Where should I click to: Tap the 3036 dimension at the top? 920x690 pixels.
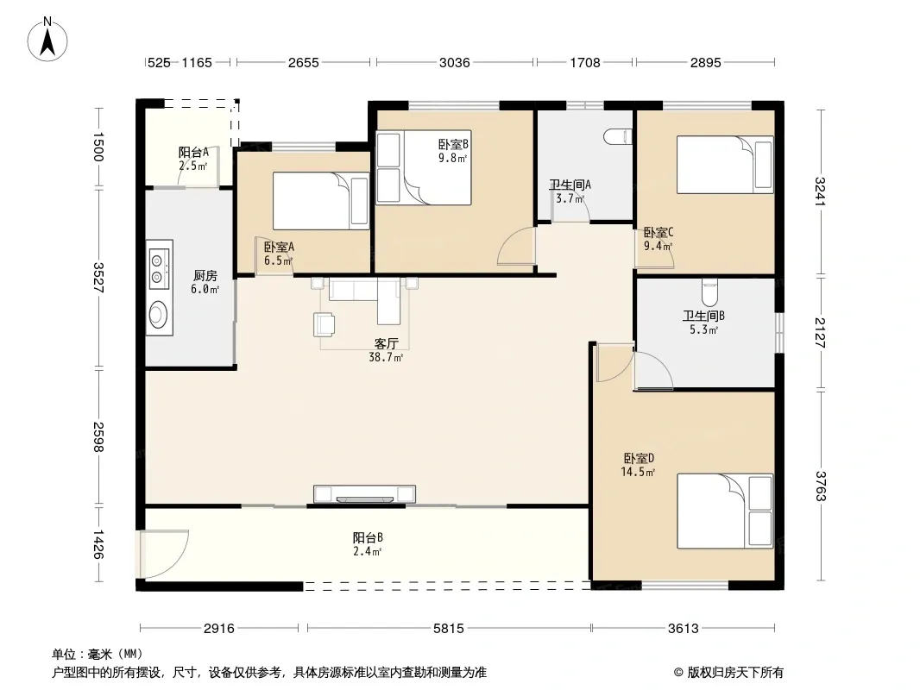[455, 62]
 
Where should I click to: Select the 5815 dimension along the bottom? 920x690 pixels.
[449, 629]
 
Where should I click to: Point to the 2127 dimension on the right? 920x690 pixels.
[820, 332]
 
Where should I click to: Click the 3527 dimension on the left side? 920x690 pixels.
[98, 277]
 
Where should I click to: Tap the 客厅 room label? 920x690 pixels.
[386, 343]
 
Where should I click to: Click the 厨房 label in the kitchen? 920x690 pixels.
[205, 275]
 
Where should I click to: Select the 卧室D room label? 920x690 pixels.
[639, 458]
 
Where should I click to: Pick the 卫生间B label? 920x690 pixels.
[703, 316]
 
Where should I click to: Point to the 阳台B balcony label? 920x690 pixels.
[368, 537]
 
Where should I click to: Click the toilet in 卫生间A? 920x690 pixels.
[619, 136]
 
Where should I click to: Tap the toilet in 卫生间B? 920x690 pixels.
[710, 292]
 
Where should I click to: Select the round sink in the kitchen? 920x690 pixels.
[158, 315]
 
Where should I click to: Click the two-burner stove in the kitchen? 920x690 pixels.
[158, 268]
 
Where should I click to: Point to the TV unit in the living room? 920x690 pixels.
[364, 494]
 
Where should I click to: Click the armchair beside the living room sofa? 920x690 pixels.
[325, 324]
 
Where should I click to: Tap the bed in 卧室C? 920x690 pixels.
[725, 165]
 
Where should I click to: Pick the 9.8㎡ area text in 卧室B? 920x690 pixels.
[453, 158]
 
